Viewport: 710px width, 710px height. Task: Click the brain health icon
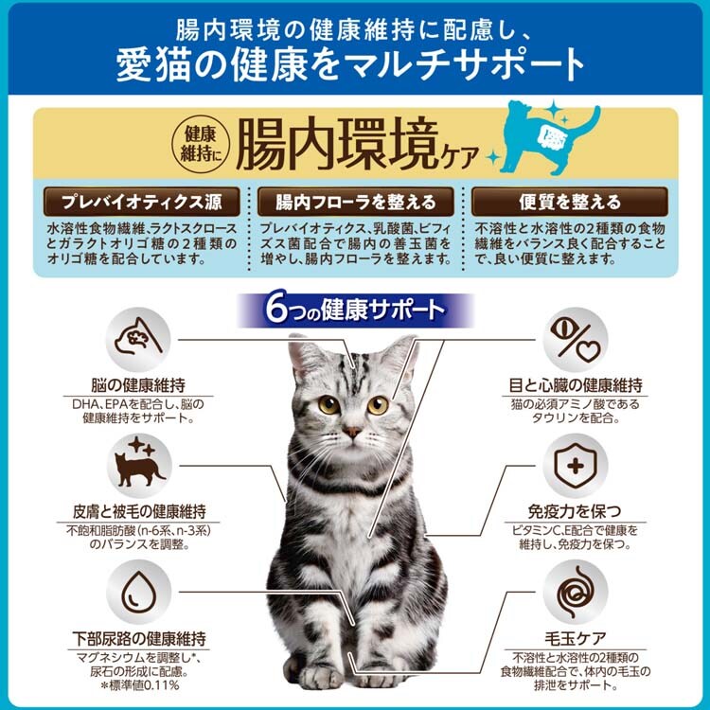coord(138,340)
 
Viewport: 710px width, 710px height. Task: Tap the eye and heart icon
coord(575,340)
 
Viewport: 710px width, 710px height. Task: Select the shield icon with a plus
coord(575,466)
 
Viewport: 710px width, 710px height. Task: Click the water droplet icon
coord(138,593)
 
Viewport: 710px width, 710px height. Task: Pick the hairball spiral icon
coord(575,593)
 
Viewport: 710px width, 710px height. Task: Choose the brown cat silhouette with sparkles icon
coord(138,466)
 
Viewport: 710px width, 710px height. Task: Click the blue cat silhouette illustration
coord(549,136)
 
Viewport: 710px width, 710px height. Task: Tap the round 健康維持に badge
coord(201,144)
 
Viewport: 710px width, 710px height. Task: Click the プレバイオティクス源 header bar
coord(142,202)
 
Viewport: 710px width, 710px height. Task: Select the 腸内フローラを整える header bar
coord(355,202)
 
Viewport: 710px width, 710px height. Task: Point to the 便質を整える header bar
coord(570,202)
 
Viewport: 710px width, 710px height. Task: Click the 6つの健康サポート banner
coord(355,311)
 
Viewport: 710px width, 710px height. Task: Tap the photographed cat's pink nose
coord(351,431)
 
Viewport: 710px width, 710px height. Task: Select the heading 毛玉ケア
coord(575,638)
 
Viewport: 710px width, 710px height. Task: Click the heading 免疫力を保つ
coord(575,511)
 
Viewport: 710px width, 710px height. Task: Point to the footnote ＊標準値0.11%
coord(140,685)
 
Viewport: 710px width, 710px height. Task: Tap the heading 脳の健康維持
coord(138,385)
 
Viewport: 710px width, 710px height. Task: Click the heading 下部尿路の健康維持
coord(139,638)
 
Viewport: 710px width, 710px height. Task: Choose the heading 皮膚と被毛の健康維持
coord(139,511)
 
